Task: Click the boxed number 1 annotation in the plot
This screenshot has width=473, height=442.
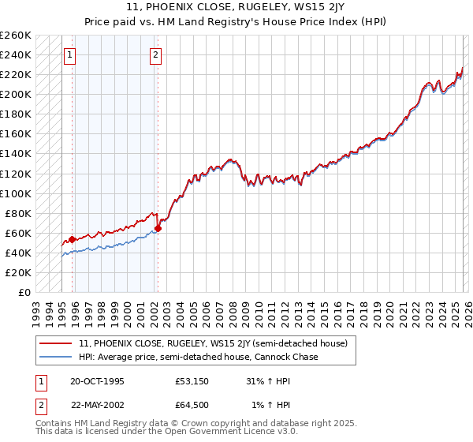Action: [x=71, y=54]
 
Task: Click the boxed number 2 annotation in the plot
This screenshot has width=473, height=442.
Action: [x=156, y=54]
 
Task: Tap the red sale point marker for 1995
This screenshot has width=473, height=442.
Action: [x=73, y=239]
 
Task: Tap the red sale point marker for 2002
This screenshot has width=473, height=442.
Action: [x=158, y=228]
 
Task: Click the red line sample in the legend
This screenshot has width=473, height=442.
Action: [x=56, y=343]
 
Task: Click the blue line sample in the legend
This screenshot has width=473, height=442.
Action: [x=56, y=357]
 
